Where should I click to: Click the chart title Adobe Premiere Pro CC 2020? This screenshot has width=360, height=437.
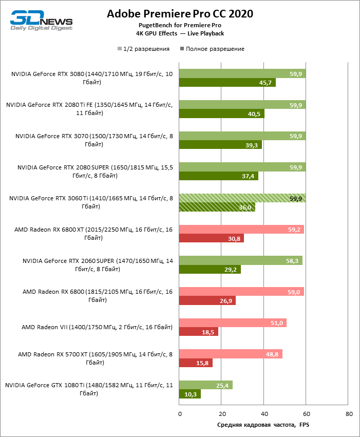[x=180, y=14]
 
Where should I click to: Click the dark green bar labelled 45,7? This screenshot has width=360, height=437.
[x=227, y=83]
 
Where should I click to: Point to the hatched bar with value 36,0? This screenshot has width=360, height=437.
[x=217, y=207]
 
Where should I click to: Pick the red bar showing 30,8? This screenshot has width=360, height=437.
[x=211, y=238]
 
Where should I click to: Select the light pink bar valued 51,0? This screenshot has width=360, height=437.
[x=233, y=323]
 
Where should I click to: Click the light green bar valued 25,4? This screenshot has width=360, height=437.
[x=205, y=385]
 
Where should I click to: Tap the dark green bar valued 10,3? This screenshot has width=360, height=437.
[x=190, y=394]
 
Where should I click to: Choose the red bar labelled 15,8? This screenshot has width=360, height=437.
[x=196, y=363]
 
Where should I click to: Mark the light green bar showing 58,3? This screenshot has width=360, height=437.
[x=240, y=261]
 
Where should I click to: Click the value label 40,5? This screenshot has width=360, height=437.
[x=254, y=114]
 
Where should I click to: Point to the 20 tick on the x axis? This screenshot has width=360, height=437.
[x=222, y=413]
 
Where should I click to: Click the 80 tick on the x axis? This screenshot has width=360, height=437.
[x=349, y=413]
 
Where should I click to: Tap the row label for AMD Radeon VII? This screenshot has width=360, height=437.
[x=97, y=327]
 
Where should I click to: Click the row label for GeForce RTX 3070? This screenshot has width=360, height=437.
[x=94, y=140]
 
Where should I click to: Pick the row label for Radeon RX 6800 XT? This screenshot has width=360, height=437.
[x=94, y=234]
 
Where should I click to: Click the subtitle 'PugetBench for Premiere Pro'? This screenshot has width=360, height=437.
[x=180, y=25]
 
